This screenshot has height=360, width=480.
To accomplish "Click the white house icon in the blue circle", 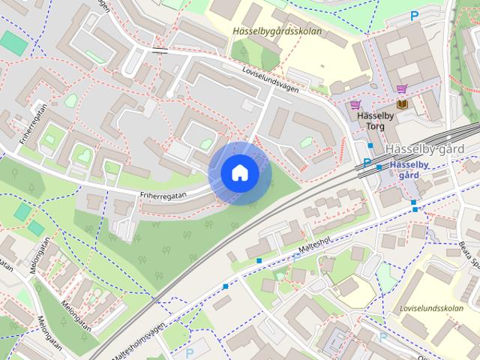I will coord(239,173).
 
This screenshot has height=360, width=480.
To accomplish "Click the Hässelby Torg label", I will coord(370,121).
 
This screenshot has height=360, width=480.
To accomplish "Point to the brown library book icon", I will coord(402,105).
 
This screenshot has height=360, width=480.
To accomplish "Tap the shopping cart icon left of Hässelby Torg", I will coord(355,106).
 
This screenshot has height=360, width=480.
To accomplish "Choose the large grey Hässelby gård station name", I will coord(430,148).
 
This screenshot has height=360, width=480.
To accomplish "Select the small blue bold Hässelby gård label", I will coord(409,169).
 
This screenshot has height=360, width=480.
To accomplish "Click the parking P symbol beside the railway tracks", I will coord(367,163).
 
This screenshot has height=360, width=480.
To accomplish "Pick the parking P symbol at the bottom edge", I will coord(190,352).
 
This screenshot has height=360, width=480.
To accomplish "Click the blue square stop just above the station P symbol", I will coord(370,145).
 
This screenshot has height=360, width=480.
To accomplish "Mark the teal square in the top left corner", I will coord(13,43).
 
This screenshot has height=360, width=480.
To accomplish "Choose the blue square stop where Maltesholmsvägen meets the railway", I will coord(225,286).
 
